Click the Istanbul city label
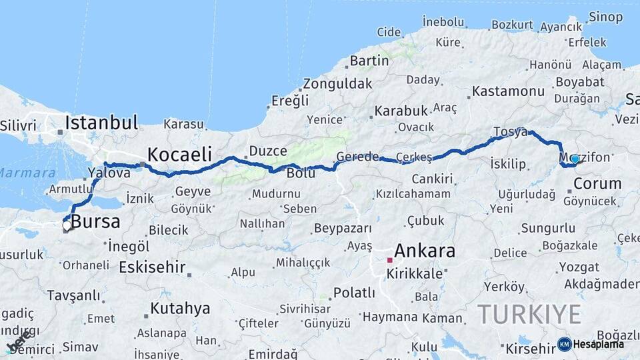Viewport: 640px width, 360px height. point(101,123)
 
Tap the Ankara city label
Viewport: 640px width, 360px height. point(425,251)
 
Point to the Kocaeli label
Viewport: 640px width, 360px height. point(179,154)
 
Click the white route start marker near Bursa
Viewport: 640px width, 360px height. point(67,227)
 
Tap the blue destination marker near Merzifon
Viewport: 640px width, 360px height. point(575,159)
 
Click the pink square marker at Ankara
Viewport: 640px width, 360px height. point(390,260)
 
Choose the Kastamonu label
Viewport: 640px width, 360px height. point(508,91)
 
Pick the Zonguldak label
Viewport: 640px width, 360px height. point(337,85)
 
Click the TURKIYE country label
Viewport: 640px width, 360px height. point(529,313)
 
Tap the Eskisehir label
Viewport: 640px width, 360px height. point(152,267)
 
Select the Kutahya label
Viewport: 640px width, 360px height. point(180,309)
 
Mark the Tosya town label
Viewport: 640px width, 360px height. point(510,131)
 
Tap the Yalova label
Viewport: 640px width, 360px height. point(109,173)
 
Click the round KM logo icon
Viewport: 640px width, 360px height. point(565,344)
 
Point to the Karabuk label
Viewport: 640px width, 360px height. point(400,111)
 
